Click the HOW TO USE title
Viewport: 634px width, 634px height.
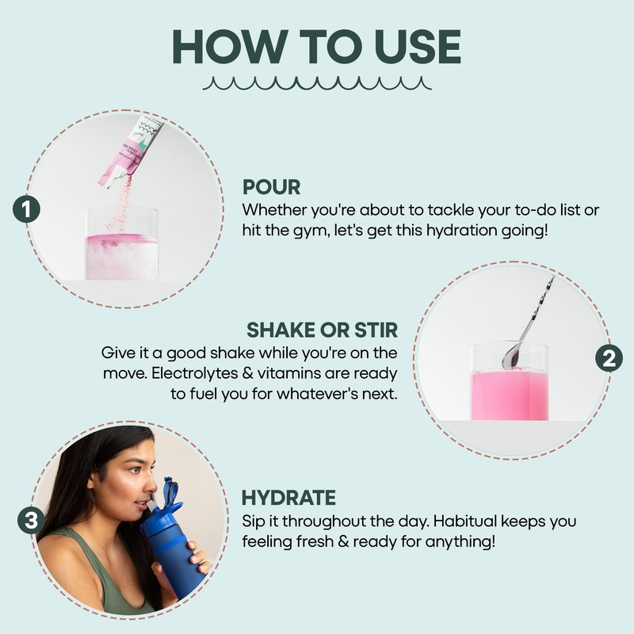pyautogui.click(x=316, y=47)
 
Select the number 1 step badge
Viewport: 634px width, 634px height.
pyautogui.click(x=26, y=209)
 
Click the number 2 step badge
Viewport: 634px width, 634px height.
pyautogui.click(x=609, y=358)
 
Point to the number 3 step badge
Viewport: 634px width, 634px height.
pyautogui.click(x=31, y=520)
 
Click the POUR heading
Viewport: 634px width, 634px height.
pyautogui.click(x=271, y=187)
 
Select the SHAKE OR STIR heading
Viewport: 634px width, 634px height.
pyautogui.click(x=323, y=330)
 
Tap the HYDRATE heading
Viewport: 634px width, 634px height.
pyautogui.click(x=288, y=498)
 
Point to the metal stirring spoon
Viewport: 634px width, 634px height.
pyautogui.click(x=528, y=323)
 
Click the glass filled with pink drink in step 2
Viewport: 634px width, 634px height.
pyautogui.click(x=510, y=381)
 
